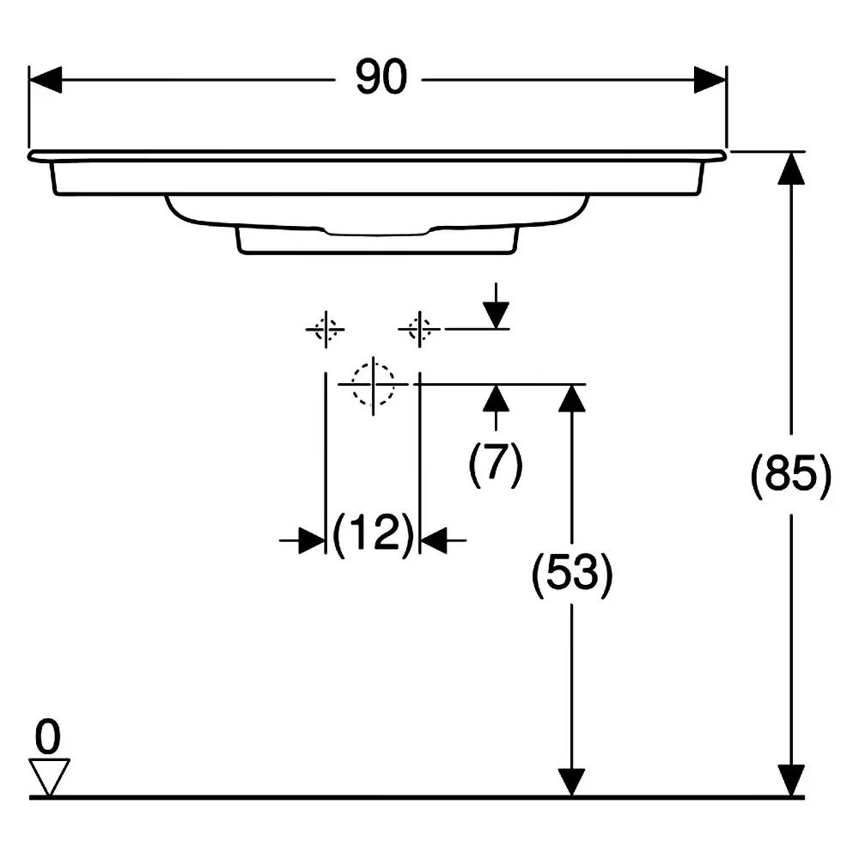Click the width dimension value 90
tap(381, 77)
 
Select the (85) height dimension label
tap(790, 474)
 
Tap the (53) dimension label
tap(572, 574)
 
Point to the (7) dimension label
tap(496, 464)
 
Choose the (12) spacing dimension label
tap(373, 533)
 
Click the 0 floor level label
tap(47, 737)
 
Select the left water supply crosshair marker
tap(326, 329)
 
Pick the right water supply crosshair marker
tap(420, 329)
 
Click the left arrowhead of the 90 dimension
tap(45, 80)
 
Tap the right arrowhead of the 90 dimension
tap(710, 80)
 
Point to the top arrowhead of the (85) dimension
tap(791, 168)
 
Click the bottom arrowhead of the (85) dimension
tap(791, 780)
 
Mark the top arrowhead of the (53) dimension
tap(572, 399)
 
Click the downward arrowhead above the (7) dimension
tap(497, 315)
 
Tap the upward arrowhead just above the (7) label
tap(497, 399)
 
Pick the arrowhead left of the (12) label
tap(313, 540)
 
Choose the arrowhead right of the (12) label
tap(434, 540)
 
